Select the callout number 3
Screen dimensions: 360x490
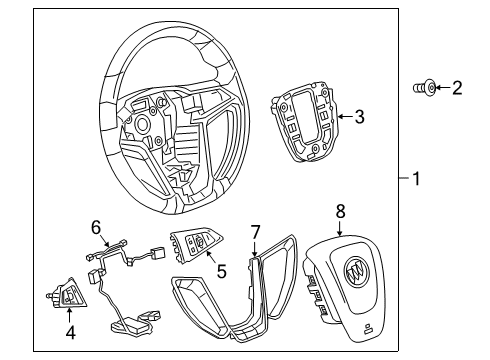(x=359, y=117)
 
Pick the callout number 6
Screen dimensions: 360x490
(x=96, y=227)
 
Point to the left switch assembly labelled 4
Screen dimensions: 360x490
(x=65, y=292)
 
